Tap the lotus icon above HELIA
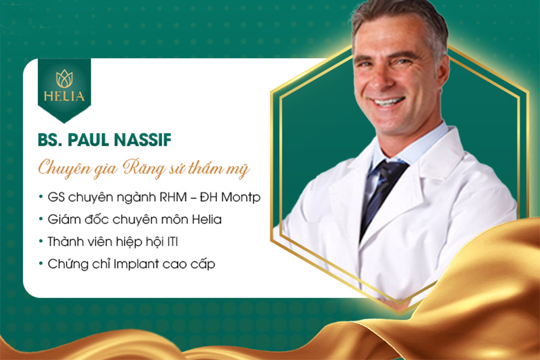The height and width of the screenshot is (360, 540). (64, 78)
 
